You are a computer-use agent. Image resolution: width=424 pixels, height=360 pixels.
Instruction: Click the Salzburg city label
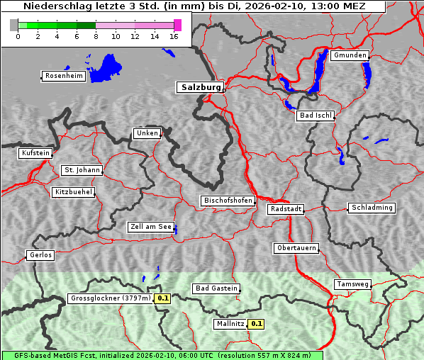[x=200, y=87]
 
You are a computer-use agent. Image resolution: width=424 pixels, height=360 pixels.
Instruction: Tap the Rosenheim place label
[x=63, y=76]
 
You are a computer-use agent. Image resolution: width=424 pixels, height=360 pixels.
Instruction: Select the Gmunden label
[x=350, y=55]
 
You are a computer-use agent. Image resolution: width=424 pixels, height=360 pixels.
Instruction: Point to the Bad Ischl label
[x=316, y=116]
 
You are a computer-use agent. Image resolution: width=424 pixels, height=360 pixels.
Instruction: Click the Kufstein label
[x=35, y=153]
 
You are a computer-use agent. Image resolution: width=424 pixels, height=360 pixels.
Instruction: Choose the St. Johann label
[x=82, y=170]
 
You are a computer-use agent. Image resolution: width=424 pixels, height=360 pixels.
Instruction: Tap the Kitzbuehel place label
[x=73, y=192]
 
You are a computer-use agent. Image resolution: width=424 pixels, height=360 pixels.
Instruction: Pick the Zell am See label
[x=151, y=227]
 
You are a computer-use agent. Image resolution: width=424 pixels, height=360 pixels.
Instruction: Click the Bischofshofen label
[x=228, y=201]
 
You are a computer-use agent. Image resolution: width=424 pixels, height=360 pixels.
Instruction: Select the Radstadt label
[x=286, y=209]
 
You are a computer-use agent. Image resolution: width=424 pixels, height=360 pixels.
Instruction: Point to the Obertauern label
[x=296, y=248]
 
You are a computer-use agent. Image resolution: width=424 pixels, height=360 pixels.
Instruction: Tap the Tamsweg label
[x=352, y=284]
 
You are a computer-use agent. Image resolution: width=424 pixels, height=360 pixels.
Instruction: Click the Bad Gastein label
[x=216, y=288]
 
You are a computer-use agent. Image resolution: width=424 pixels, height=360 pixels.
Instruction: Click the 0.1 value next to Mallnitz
[x=257, y=324]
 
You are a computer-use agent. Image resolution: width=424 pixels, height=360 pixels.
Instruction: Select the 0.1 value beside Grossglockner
[x=163, y=298]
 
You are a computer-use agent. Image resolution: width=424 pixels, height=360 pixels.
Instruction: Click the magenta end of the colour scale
[x=177, y=25]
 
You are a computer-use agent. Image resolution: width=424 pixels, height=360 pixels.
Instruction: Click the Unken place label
[x=147, y=133]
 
